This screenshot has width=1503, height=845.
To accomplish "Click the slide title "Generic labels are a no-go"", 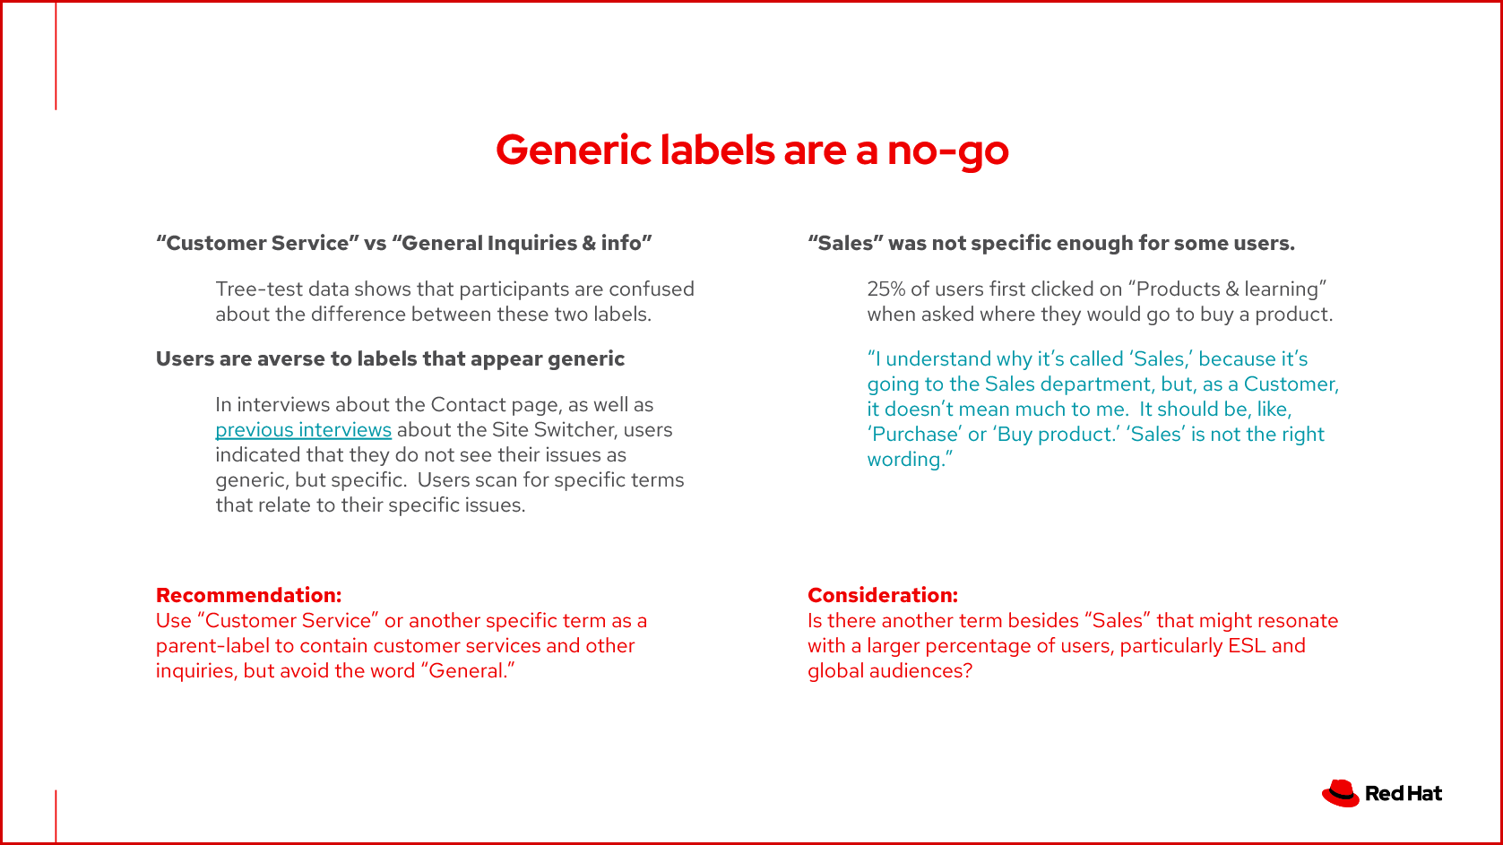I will pyautogui.click(x=752, y=150).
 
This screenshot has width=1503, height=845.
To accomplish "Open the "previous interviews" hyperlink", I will pyautogui.click(x=303, y=430).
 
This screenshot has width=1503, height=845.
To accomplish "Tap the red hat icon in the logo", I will pyautogui.click(x=1340, y=793).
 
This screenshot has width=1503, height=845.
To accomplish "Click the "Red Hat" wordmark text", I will pyautogui.click(x=1404, y=794).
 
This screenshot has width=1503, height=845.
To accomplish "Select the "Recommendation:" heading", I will pyautogui.click(x=248, y=595).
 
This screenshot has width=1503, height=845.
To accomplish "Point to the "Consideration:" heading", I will pyautogui.click(x=882, y=595).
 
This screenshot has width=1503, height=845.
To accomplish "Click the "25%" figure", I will pyautogui.click(x=885, y=289).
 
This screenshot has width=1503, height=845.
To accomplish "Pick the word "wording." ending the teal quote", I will pyautogui.click(x=910, y=460).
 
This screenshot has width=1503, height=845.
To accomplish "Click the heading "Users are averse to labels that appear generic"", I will pyautogui.click(x=390, y=359).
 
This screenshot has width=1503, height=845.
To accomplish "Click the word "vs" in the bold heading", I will pyautogui.click(x=375, y=244).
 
